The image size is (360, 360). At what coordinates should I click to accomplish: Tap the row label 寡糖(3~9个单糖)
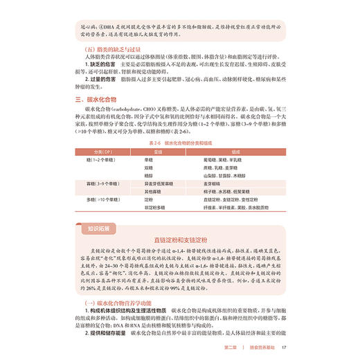102,183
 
